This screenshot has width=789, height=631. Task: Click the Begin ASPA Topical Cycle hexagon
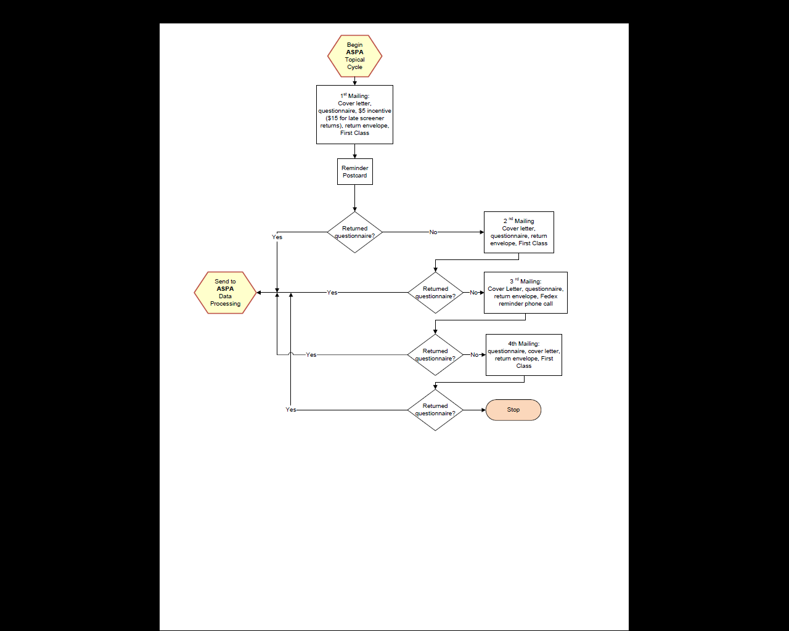coord(354,56)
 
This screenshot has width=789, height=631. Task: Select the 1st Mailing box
coord(354,115)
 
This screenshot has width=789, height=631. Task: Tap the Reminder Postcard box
coord(354,171)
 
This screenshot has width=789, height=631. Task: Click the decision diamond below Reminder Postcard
coord(354,232)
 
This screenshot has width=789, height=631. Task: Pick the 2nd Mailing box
coord(518,232)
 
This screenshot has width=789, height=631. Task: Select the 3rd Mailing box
coord(525,293)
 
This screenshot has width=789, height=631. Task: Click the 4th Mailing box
coord(523,355)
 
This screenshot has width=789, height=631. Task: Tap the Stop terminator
coord(513,410)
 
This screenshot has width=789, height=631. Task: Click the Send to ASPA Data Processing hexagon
coord(225,293)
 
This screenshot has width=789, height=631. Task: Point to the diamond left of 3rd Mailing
coord(435,293)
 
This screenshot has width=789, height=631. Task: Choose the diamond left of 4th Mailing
coord(435,355)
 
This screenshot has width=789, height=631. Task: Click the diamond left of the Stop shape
coord(435,410)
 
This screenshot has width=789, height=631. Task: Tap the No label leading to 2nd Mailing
coord(433,232)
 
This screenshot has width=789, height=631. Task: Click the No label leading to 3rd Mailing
coord(473,293)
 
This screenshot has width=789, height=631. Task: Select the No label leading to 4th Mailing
coord(474,355)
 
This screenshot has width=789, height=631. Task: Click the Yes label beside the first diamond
coord(277,237)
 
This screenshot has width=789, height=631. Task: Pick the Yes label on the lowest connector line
coord(290,410)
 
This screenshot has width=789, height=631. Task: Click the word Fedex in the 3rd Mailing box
coord(549,296)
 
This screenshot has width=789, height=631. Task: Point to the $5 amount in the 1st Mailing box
coord(362,111)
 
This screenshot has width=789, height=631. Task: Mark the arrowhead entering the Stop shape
coord(483,410)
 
